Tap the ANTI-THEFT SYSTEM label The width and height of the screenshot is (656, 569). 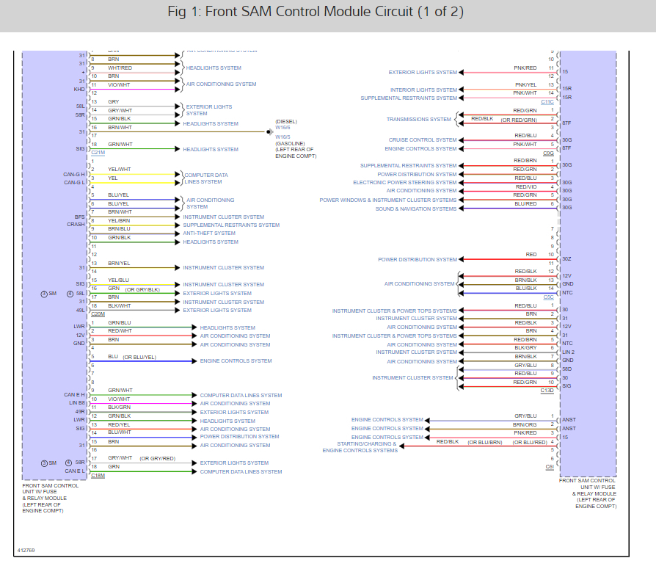(209, 233)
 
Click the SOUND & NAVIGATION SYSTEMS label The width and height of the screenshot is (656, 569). (416, 209)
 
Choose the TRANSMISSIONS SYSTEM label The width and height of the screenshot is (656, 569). (418, 120)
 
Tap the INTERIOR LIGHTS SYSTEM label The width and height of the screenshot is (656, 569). (423, 90)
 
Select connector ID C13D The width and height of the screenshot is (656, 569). (547, 391)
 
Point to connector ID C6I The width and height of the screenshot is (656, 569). (549, 467)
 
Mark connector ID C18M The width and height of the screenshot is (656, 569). (98, 476)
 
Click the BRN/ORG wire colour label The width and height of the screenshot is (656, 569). (525, 424)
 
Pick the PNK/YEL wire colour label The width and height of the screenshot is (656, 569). (525, 85)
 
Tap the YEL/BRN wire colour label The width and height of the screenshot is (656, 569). (119, 220)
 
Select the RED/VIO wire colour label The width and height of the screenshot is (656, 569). (525, 186)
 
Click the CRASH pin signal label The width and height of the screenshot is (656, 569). (76, 225)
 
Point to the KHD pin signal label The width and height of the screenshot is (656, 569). (79, 89)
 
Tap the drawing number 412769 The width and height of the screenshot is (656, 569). (26, 549)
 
